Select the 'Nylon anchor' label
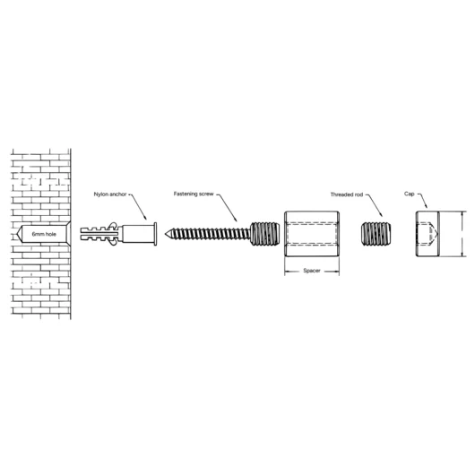tap(110, 193)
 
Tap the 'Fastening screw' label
tap(194, 193)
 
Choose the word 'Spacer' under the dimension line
tap(311, 270)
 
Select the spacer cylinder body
tap(310, 235)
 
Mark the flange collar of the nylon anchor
tap(154, 235)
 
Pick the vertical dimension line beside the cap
tap(462, 235)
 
